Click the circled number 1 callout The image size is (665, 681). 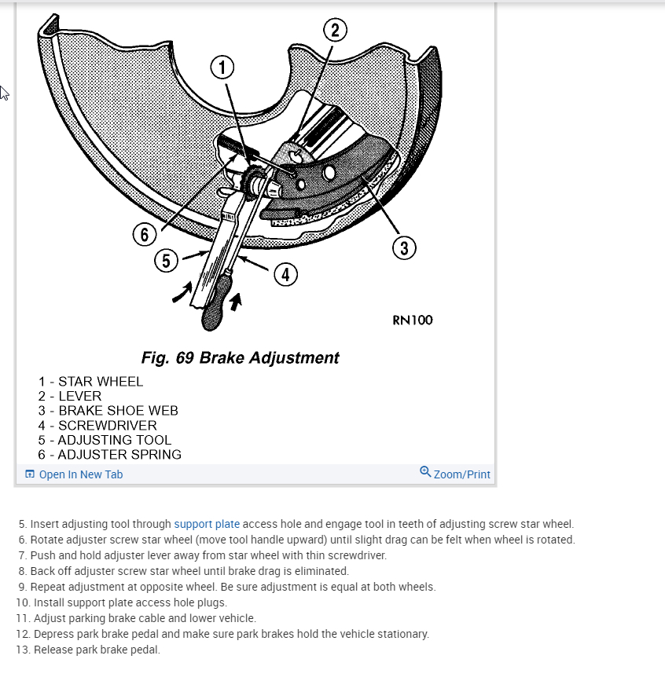[x=222, y=68]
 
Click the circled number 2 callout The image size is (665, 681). [x=335, y=31]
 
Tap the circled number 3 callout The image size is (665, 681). [x=403, y=249]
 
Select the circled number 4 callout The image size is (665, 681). [x=285, y=274]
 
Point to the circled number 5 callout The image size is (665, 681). [x=165, y=261]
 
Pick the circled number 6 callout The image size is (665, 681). [x=144, y=234]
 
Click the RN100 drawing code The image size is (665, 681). [x=412, y=320]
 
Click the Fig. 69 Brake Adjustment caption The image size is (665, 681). [x=240, y=358]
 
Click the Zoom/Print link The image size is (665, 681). [x=461, y=474]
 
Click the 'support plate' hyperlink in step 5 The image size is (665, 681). [x=208, y=524]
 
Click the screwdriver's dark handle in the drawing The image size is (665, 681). [x=216, y=311]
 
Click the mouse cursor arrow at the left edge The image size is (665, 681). [x=4, y=93]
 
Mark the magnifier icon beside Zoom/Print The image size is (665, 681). [x=425, y=472]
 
